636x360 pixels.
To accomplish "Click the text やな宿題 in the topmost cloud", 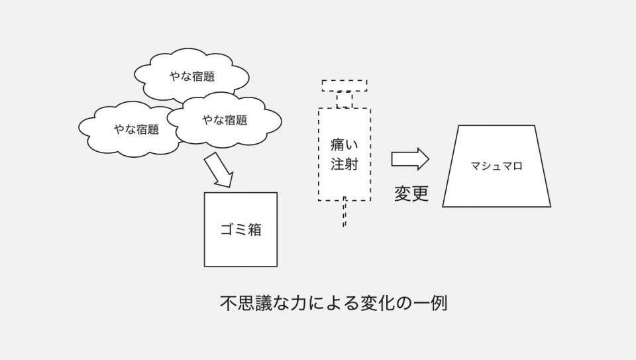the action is pos(192,76).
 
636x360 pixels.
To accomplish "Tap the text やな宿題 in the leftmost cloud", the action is pos(136,129).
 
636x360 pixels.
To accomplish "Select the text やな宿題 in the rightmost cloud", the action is pos(225,120).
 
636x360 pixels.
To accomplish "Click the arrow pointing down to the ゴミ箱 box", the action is pos(218,170).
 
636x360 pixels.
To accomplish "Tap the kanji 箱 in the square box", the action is pos(254,229).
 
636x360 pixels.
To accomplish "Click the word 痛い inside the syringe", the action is pos(344,145).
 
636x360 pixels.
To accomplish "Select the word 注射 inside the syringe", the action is pos(344,164).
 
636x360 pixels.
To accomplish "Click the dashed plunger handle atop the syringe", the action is pos(344,86).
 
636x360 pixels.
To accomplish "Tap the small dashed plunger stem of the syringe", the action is pos(344,100).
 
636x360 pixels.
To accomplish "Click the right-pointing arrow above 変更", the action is pos(410,158).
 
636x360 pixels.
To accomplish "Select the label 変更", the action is pos(411,193).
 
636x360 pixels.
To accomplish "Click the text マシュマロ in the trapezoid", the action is pos(496,166).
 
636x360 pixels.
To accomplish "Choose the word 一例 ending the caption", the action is pos(430,303).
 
